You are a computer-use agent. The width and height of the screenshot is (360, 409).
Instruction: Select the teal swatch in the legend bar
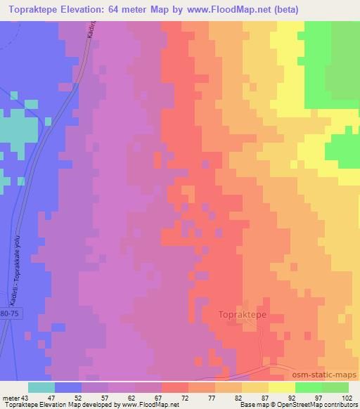point(41,387)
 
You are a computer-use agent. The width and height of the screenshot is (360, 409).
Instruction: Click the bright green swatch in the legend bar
point(308,387)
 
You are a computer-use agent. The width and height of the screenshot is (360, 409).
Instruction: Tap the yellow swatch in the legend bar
point(281,387)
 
